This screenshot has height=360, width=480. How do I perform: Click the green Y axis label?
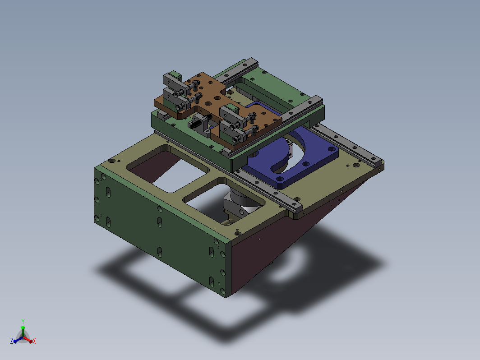click(x=23, y=321)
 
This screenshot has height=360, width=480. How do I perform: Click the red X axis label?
click(x=34, y=341)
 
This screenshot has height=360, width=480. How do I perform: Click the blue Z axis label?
click(x=12, y=341)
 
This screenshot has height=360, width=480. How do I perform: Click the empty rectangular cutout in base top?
click(x=168, y=170)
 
